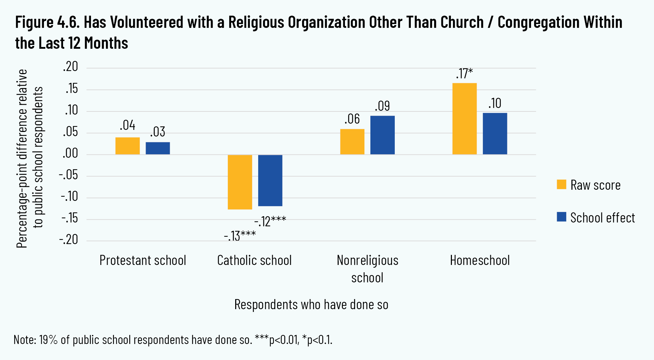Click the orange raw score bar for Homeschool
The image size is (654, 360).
[464, 118]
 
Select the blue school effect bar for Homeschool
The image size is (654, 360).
[495, 134]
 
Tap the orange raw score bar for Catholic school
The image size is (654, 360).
[240, 182]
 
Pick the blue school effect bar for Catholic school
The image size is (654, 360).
[270, 180]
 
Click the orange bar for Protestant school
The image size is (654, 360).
[128, 146]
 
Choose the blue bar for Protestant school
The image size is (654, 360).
[158, 148]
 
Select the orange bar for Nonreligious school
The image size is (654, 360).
[352, 142]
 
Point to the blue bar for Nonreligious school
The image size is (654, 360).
[383, 135]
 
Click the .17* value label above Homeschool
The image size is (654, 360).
[464, 73]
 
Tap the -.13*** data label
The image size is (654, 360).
[240, 236]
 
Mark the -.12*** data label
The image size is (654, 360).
[270, 221]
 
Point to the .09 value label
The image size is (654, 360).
[382, 106]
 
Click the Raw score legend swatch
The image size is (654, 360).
[561, 185]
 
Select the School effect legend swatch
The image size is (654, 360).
[561, 217]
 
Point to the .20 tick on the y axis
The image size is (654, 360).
[70, 66]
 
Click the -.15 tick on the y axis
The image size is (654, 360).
[70, 219]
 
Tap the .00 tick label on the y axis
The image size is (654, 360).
[70, 153]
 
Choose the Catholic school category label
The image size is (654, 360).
[254, 260]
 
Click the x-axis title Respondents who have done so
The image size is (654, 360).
[311, 305]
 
